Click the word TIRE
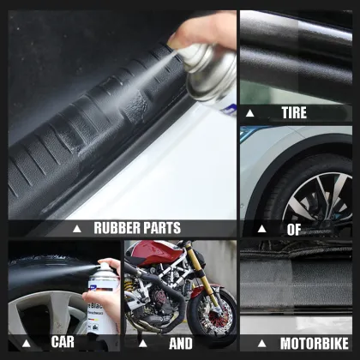[x=294, y=113]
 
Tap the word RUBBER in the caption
[x=118, y=228]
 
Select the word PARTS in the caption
[x=163, y=228]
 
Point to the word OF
[x=294, y=229]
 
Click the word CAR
[x=63, y=342]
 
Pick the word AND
[x=180, y=343]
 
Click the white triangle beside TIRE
[x=250, y=113]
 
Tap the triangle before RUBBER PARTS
[x=76, y=229]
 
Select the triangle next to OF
[x=261, y=229]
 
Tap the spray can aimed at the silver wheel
[x=101, y=309]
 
